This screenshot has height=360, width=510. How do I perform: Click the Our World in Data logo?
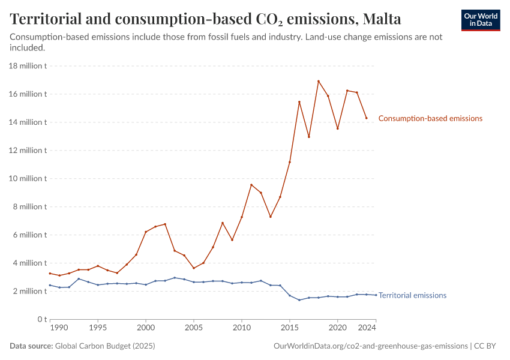pos(480,20)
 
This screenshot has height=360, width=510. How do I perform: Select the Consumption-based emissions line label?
pos(430,119)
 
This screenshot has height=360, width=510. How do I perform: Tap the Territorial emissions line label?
pos(412,295)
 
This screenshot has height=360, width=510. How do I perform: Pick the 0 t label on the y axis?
pos(41,319)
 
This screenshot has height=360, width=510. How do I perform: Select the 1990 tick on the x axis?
pos(59,328)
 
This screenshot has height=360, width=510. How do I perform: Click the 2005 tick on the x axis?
pos(194,328)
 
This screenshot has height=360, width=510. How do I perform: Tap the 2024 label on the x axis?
pos(367,328)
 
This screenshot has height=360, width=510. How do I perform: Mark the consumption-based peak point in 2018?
pos(319,81)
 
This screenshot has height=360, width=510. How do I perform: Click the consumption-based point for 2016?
pos(299,102)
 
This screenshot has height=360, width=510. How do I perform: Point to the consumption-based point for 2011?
pos(251,185)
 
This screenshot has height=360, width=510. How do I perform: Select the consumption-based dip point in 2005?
pos(194,268)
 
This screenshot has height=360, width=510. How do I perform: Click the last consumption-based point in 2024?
pos(367,118)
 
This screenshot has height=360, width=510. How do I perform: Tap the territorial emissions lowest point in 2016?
pos(299,300)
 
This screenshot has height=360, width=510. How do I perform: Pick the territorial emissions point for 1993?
pos(79,279)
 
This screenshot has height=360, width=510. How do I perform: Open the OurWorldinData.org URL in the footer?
pos(370,346)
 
